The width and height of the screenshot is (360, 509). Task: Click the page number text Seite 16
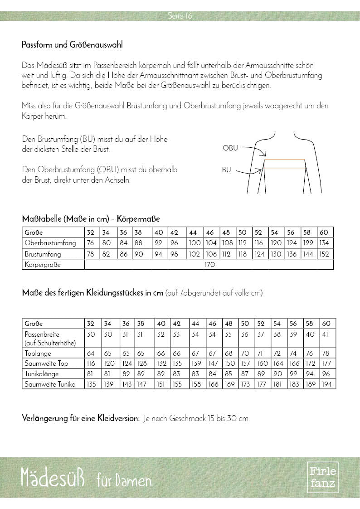[x=180, y=16]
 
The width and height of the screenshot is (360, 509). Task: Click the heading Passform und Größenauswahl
[x=72, y=45]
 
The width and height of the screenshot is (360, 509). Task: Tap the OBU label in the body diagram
[x=230, y=148]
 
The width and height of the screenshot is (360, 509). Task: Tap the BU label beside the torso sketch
[x=226, y=170]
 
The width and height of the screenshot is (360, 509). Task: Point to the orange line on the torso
[x=284, y=160]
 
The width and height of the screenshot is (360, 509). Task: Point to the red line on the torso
[x=285, y=168]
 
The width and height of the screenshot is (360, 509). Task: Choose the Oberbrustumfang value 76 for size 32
[x=91, y=243]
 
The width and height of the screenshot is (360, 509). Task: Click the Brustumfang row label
[x=43, y=254]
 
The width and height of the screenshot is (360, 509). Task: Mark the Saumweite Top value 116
[x=92, y=364]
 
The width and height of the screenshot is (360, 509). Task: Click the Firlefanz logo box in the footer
[x=322, y=477]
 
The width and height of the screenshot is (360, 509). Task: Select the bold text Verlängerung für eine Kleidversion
[x=81, y=418]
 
